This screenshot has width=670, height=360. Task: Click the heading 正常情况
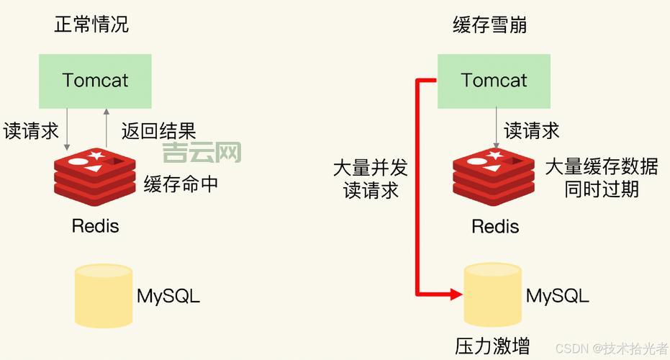click(x=91, y=25)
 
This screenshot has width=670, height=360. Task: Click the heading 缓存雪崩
click(x=490, y=25)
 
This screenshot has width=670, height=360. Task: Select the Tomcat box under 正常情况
click(x=95, y=80)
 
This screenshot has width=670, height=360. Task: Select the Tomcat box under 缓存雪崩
click(x=494, y=80)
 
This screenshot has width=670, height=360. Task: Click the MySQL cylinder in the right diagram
click(x=493, y=294)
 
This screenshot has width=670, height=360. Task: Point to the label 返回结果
click(x=158, y=130)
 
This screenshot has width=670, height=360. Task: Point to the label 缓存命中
click(x=181, y=184)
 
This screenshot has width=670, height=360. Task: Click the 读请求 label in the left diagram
click(x=31, y=130)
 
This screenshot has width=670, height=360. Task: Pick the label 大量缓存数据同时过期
click(x=602, y=178)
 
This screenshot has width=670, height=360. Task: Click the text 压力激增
click(x=492, y=346)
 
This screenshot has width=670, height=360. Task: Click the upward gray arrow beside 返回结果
click(x=107, y=126)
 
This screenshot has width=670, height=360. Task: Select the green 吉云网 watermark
click(x=202, y=152)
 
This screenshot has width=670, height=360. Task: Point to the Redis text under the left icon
click(x=95, y=225)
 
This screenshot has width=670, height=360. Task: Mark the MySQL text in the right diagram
click(x=557, y=295)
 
